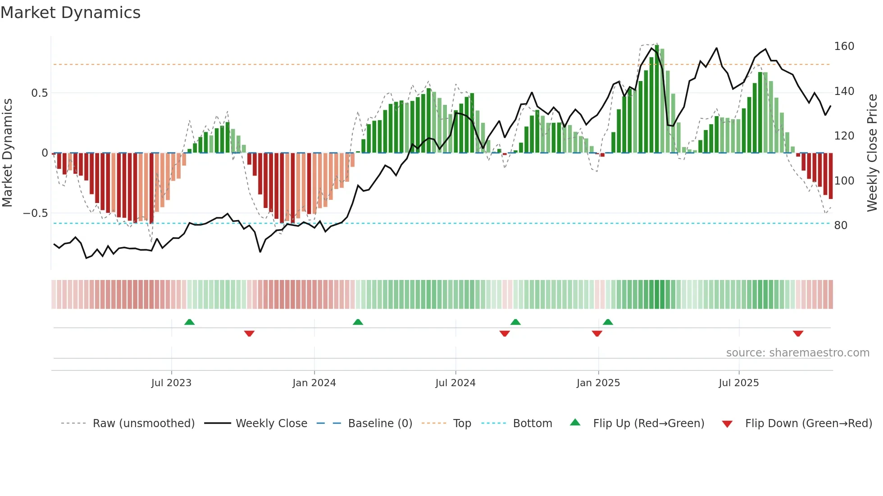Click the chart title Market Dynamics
71,13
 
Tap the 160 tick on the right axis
844,46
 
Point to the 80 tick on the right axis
841,225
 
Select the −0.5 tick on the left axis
36,213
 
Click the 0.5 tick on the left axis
39,93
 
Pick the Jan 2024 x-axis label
314,383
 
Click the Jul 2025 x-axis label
738,383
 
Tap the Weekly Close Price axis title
872,153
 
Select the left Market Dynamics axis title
8,153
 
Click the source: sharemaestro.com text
797,353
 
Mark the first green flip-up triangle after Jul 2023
190,322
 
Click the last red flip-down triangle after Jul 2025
798,334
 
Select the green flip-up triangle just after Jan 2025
608,322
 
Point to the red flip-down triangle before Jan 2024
249,334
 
